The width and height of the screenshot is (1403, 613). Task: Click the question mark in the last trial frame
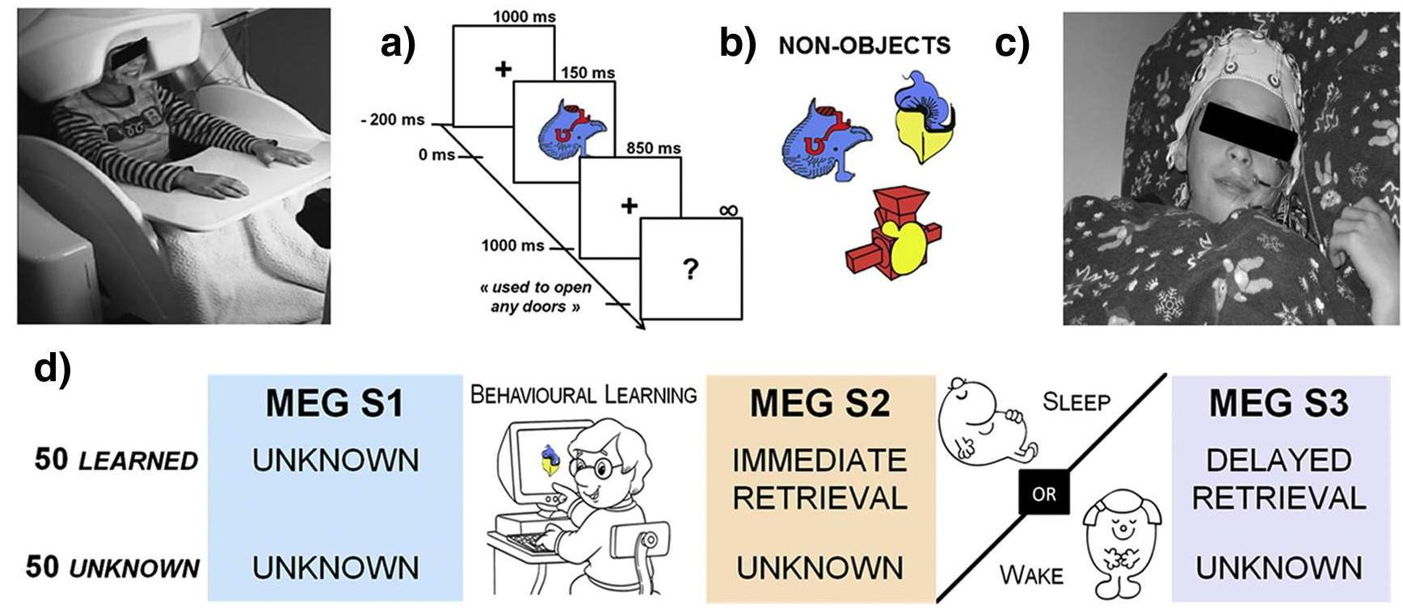pos(689,269)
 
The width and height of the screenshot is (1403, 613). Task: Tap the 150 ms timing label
pos(588,73)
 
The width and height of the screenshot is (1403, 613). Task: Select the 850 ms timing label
pos(653,148)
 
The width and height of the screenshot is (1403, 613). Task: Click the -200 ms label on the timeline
pos(392,120)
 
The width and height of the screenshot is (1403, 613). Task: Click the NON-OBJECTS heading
pos(864,45)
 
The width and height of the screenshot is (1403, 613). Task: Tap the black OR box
pos(1044,493)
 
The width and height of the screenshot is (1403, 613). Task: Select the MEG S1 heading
pos(335,403)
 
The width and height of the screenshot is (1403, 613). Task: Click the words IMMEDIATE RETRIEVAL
pos(819,479)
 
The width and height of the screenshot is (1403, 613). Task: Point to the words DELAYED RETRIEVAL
pos(1279,479)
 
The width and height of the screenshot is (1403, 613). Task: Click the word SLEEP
pos(1076,401)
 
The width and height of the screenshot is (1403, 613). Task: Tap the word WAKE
pos(1031,575)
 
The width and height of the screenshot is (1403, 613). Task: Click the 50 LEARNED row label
pos(116,460)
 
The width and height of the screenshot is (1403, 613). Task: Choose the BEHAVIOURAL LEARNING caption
pos(584,395)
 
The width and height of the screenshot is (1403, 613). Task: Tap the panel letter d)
pos(53,369)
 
